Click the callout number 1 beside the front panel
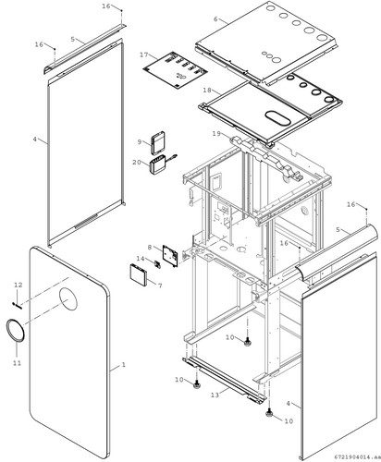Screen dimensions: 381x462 click(x=123, y=364)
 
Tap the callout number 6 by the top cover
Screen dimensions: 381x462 click(x=215, y=19)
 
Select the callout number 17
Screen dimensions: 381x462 click(x=144, y=55)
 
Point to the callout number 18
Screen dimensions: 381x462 click(x=207, y=91)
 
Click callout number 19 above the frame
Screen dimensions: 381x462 click(x=216, y=133)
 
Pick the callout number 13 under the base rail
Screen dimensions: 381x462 click(x=215, y=395)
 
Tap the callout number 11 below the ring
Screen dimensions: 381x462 click(x=18, y=363)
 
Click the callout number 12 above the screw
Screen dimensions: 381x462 click(x=18, y=285)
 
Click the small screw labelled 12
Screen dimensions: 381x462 click(x=18, y=305)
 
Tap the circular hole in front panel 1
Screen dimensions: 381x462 click(x=68, y=298)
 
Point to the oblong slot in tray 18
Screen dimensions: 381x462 click(x=277, y=118)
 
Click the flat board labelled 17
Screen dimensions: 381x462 click(x=175, y=69)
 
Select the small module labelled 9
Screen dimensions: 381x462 click(x=158, y=142)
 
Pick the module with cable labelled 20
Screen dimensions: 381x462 click(x=158, y=165)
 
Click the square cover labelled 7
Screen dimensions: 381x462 click(x=139, y=274)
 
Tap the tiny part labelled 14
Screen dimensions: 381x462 click(x=157, y=264)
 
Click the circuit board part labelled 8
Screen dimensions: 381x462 click(x=170, y=256)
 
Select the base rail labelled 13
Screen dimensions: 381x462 click(x=224, y=380)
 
